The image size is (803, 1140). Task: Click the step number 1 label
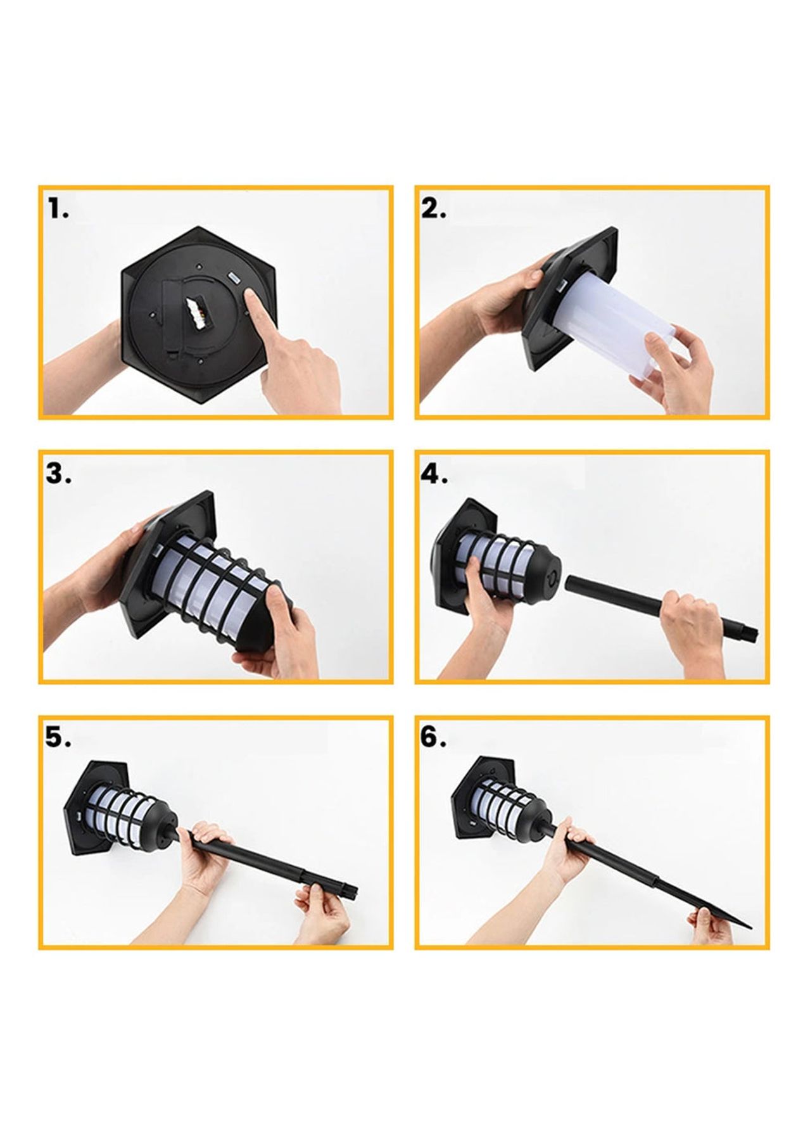(x=59, y=208)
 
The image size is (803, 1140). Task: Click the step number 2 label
(x=434, y=208)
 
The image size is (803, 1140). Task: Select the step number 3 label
(x=58, y=474)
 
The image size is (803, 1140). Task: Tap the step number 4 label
(x=434, y=474)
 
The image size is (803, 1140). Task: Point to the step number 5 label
(x=58, y=738)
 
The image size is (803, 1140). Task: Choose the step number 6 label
(x=434, y=738)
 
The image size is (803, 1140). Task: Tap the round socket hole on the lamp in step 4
(x=550, y=578)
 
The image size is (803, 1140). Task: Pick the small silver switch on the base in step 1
(x=231, y=277)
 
